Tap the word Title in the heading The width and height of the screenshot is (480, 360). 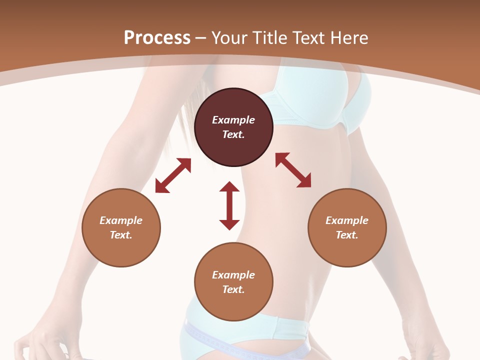tap(268, 37)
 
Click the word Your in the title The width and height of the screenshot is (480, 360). tap(229, 37)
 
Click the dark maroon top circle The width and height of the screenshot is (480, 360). tap(233, 127)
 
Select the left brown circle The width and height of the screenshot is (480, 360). tap(121, 227)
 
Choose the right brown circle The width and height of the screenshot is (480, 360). tap(347, 227)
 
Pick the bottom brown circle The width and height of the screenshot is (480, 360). tap(233, 281)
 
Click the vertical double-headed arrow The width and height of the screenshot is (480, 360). tap(229, 205)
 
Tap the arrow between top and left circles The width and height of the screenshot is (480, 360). tap(173, 175)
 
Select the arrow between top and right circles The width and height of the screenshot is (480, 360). tap(293, 170)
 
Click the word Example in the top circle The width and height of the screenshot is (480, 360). tap(233, 120)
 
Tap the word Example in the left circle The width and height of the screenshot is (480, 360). tap(121, 220)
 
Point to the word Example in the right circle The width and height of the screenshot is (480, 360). tap(347, 220)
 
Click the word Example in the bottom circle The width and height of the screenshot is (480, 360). tap(233, 275)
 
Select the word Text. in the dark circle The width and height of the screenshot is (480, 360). tap(233, 134)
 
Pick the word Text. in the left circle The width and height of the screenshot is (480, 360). tap(121, 235)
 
